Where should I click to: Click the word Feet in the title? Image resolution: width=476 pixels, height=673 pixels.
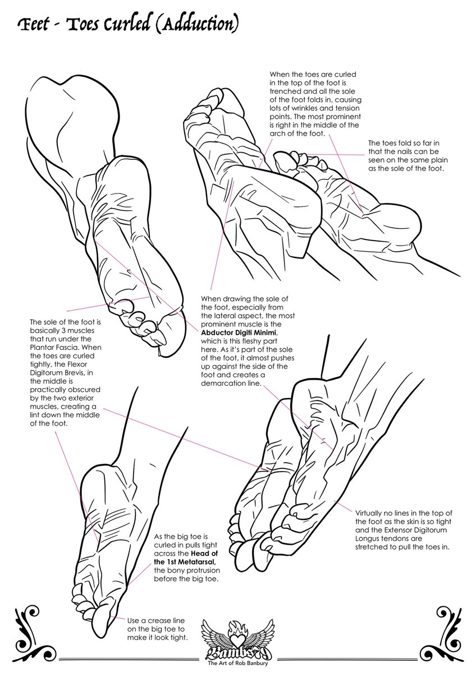coord(35,24)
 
